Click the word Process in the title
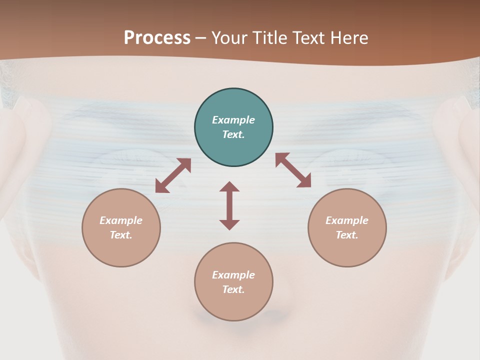pos(157,38)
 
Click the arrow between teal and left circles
pos(173,175)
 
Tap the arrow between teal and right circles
pos(293,170)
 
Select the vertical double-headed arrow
pos(229,205)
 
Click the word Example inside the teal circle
pos(233,120)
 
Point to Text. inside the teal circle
pos(233,134)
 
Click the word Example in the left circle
pos(121,220)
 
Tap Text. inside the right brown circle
pos(347,235)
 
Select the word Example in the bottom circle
pos(233,275)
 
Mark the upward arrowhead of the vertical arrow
pos(229,186)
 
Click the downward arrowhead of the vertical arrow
pos(229,224)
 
